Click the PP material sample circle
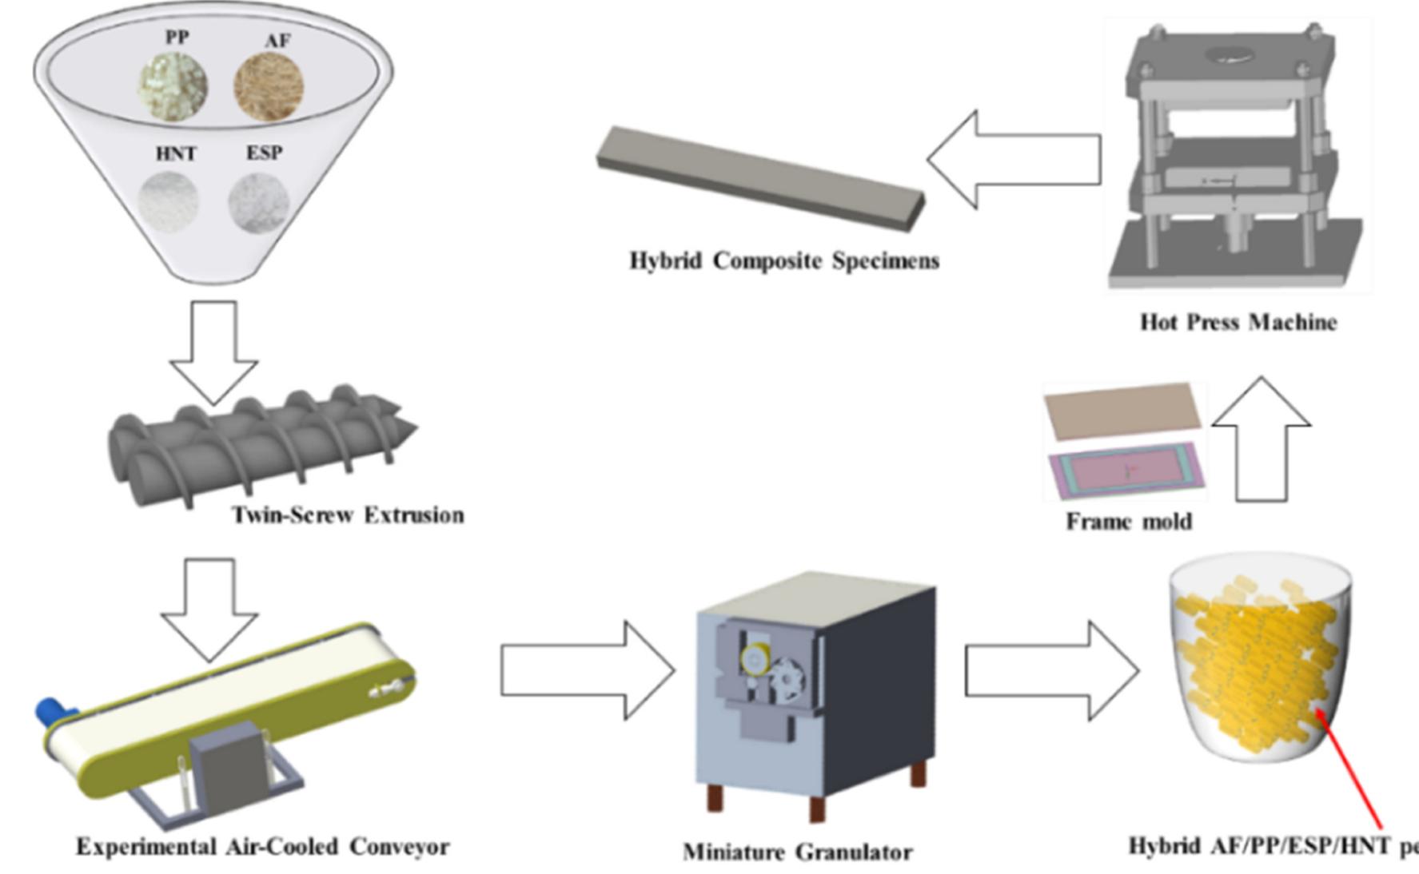click(x=173, y=86)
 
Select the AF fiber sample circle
click(x=269, y=86)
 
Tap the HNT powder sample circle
click(x=169, y=201)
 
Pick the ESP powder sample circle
click(x=259, y=201)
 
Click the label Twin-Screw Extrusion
click(x=348, y=514)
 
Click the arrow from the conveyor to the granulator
click(x=588, y=671)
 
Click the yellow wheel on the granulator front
click(x=755, y=660)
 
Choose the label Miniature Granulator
click(x=797, y=852)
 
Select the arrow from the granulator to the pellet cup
click(x=1051, y=671)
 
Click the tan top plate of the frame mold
click(x=1123, y=411)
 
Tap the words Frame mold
click(x=1129, y=522)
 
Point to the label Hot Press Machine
click(x=1238, y=322)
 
